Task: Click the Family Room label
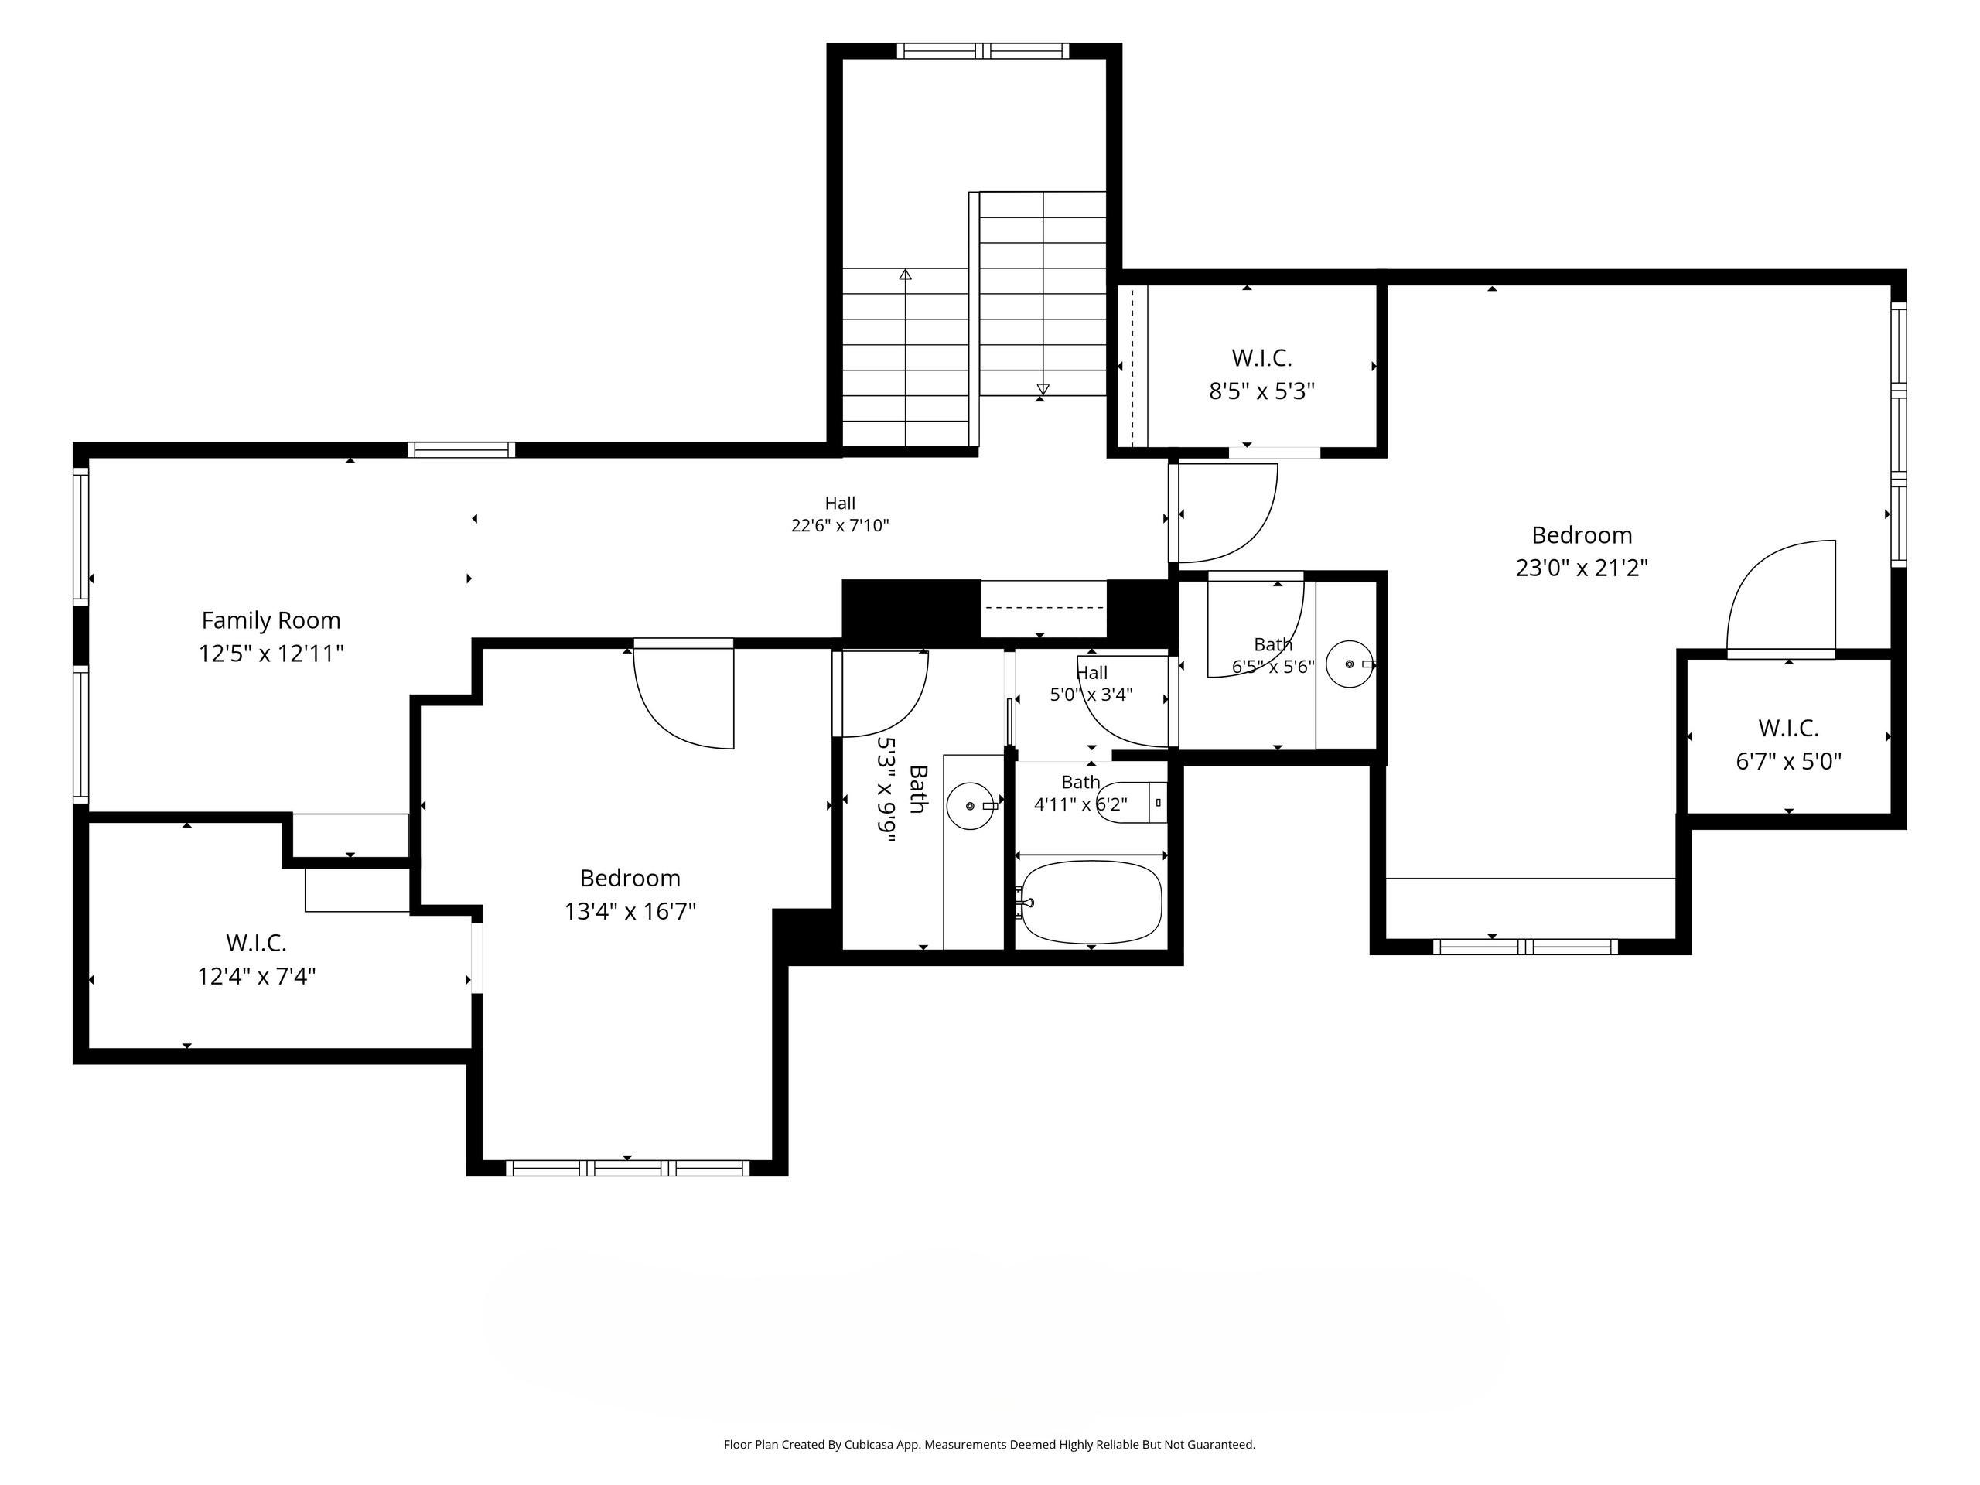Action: (x=271, y=620)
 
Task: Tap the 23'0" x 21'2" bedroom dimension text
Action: (x=1582, y=568)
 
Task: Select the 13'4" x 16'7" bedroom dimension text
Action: (x=630, y=911)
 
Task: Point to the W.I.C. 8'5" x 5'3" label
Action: (x=1262, y=374)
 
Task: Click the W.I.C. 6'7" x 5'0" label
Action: (x=1788, y=745)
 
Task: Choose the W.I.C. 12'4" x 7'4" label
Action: (x=257, y=958)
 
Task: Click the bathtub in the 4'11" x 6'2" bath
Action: (x=1091, y=903)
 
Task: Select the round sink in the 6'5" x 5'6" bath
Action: (x=1350, y=664)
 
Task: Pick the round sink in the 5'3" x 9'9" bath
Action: (x=971, y=806)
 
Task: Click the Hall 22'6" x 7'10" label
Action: (x=840, y=514)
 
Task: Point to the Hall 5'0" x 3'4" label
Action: (x=1092, y=684)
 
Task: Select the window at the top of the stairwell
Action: (x=983, y=51)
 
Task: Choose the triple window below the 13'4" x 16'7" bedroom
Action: (x=627, y=1168)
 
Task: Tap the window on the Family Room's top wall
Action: (x=461, y=449)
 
